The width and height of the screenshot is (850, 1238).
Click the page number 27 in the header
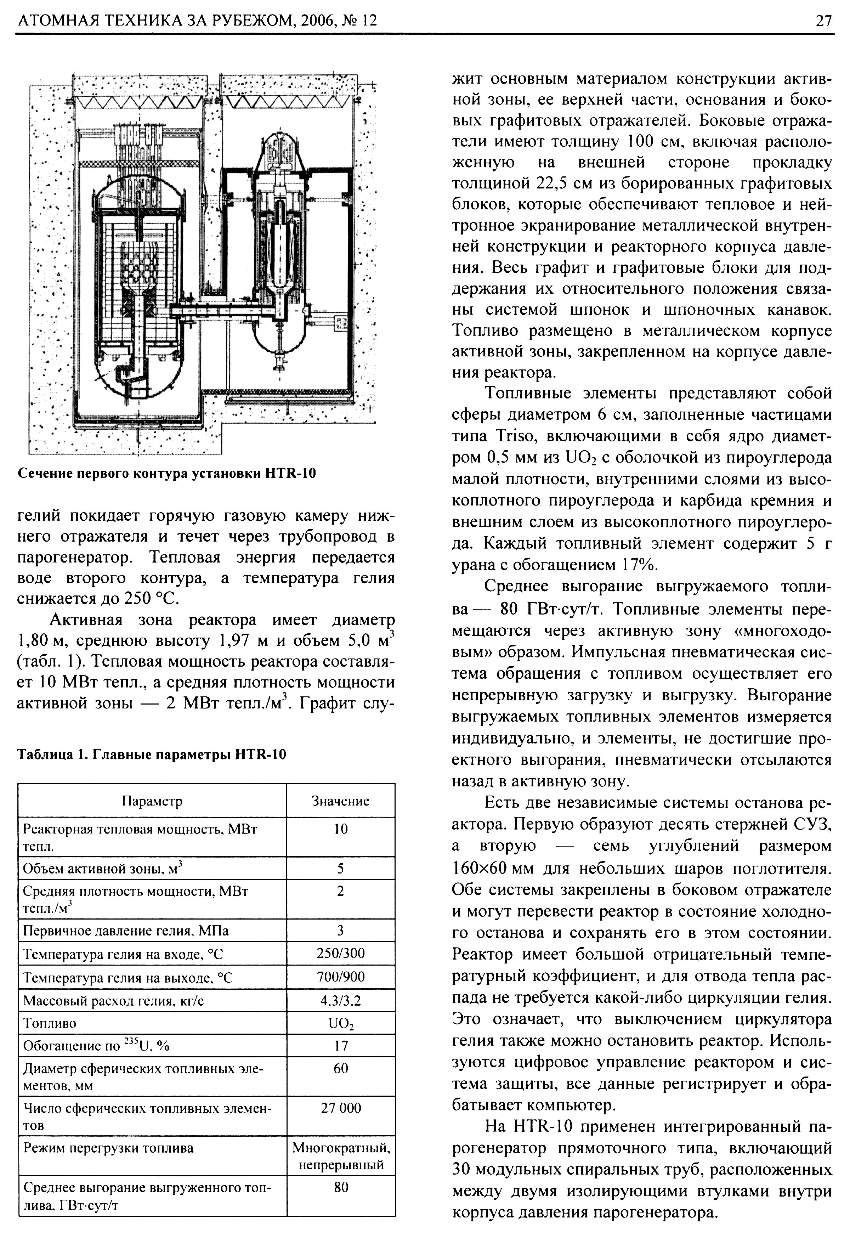click(x=822, y=21)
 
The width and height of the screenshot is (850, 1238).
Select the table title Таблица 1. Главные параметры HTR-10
click(x=152, y=754)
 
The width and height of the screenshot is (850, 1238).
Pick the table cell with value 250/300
click(x=340, y=953)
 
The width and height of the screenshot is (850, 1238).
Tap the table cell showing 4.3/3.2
click(x=340, y=1001)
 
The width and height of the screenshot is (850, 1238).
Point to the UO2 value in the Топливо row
click(x=340, y=1023)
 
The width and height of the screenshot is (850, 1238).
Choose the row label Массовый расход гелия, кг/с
click(x=113, y=1001)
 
